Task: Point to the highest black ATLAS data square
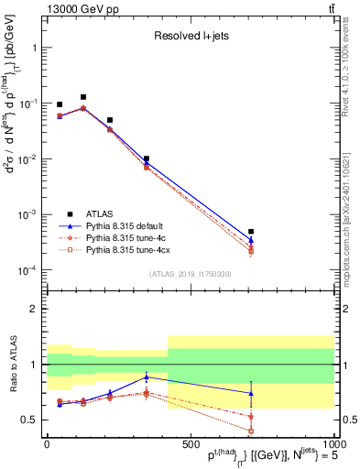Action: (83, 96)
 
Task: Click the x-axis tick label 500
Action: (190, 443)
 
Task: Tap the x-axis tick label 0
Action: (47, 443)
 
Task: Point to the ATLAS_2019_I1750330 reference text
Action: (191, 273)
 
